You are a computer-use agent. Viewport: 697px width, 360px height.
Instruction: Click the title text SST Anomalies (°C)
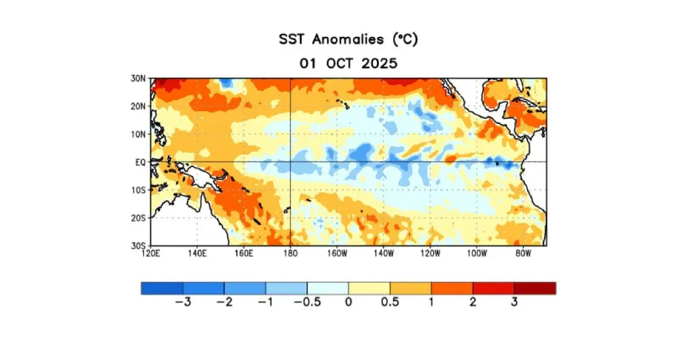tap(348, 39)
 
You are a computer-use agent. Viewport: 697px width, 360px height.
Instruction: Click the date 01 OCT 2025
tap(348, 64)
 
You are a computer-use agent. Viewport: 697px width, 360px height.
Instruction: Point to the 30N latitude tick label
tap(138, 79)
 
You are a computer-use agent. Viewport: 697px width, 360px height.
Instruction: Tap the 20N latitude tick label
tap(138, 106)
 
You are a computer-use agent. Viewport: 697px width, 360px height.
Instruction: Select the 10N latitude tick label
tap(138, 134)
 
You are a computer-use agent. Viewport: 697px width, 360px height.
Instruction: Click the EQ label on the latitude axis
tap(141, 162)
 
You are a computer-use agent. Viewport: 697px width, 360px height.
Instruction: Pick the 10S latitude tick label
tap(138, 190)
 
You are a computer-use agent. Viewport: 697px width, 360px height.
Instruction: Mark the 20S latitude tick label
tap(138, 218)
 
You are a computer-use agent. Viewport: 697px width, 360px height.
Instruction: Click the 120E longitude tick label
tap(150, 254)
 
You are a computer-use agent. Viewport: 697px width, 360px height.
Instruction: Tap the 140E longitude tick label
tap(197, 254)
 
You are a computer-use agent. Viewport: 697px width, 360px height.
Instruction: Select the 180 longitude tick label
tap(290, 254)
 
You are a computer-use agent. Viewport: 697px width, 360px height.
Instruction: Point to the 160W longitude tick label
tap(337, 254)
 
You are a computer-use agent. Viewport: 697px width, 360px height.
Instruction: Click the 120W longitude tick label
tap(430, 254)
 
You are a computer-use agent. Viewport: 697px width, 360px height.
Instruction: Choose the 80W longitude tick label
tap(523, 254)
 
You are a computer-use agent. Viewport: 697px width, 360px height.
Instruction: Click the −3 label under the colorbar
tap(183, 303)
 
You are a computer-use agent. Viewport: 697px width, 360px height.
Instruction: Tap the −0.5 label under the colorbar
tap(307, 303)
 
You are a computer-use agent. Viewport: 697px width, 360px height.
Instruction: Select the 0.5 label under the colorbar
tap(390, 303)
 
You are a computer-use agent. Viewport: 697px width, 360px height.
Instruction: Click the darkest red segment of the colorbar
tap(535, 288)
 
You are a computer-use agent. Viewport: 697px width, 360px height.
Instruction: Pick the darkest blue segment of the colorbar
tap(162, 288)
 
